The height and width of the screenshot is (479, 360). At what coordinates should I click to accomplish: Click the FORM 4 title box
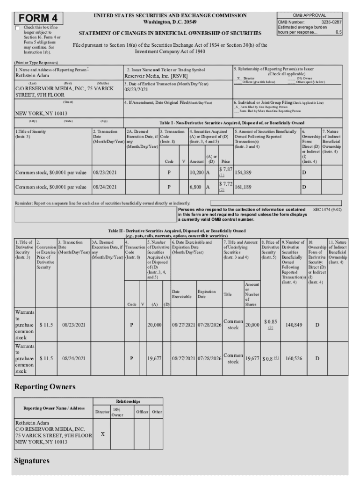[38, 18]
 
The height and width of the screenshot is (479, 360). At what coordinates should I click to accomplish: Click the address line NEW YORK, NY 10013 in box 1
[41, 113]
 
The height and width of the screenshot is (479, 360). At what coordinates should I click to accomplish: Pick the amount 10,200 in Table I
[196, 173]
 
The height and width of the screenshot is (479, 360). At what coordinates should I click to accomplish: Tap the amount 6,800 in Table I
[195, 187]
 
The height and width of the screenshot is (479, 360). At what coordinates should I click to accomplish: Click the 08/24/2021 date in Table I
[105, 187]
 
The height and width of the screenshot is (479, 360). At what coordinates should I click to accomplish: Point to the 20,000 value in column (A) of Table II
[155, 324]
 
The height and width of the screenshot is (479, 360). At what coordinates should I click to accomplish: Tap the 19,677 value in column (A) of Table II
[155, 358]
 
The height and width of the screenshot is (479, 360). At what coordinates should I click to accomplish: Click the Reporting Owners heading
[44, 387]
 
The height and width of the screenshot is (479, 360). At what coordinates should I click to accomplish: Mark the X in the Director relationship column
[102, 434]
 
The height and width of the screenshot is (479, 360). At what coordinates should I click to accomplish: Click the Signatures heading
[31, 461]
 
